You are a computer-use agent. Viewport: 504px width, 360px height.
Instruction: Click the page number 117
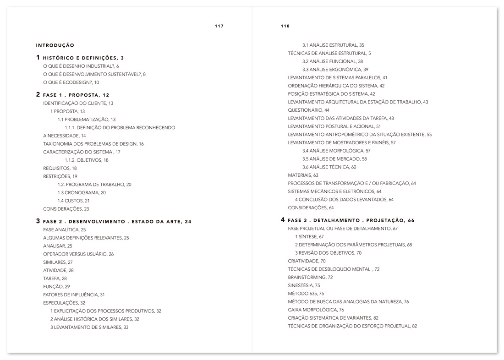point(219,26)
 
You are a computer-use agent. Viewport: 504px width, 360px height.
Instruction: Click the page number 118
point(285,26)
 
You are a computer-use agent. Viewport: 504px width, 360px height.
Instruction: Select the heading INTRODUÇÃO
point(55,45)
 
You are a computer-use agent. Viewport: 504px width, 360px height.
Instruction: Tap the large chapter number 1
point(38,58)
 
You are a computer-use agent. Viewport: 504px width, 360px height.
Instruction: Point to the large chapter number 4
point(283,220)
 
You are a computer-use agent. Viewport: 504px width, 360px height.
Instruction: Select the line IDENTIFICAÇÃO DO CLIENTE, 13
point(78,103)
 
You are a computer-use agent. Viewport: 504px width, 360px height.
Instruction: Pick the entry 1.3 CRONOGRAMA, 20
point(82,193)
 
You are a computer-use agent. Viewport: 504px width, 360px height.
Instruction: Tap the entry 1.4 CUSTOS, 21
point(73,201)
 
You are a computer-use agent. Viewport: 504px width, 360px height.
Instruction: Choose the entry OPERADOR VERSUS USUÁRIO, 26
point(78,254)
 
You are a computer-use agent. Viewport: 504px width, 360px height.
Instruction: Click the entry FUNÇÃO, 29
point(56,286)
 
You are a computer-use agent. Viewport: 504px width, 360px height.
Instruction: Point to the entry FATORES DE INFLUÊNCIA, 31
point(74,295)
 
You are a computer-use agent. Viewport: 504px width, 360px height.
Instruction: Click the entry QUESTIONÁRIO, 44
point(308,110)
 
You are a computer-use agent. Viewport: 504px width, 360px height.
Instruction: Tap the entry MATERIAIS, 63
point(303,175)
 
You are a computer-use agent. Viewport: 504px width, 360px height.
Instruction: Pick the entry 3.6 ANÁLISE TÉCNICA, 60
point(329,167)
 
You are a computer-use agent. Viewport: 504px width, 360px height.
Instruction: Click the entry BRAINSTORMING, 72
point(310,277)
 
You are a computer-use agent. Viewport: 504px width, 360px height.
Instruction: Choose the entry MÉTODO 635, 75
point(306,294)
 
